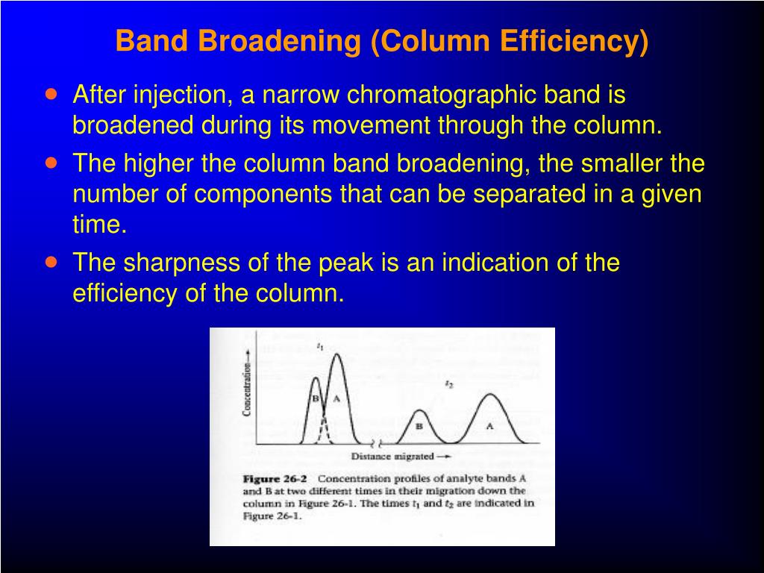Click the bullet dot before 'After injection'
pos(51,95)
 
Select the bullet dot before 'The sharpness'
pos(51,263)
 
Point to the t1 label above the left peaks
pos(319,346)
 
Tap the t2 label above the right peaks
pos(448,383)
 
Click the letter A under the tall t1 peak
pos(336,398)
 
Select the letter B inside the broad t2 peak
pos(419,426)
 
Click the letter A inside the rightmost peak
pos(490,426)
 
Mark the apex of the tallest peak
pos(336,354)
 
